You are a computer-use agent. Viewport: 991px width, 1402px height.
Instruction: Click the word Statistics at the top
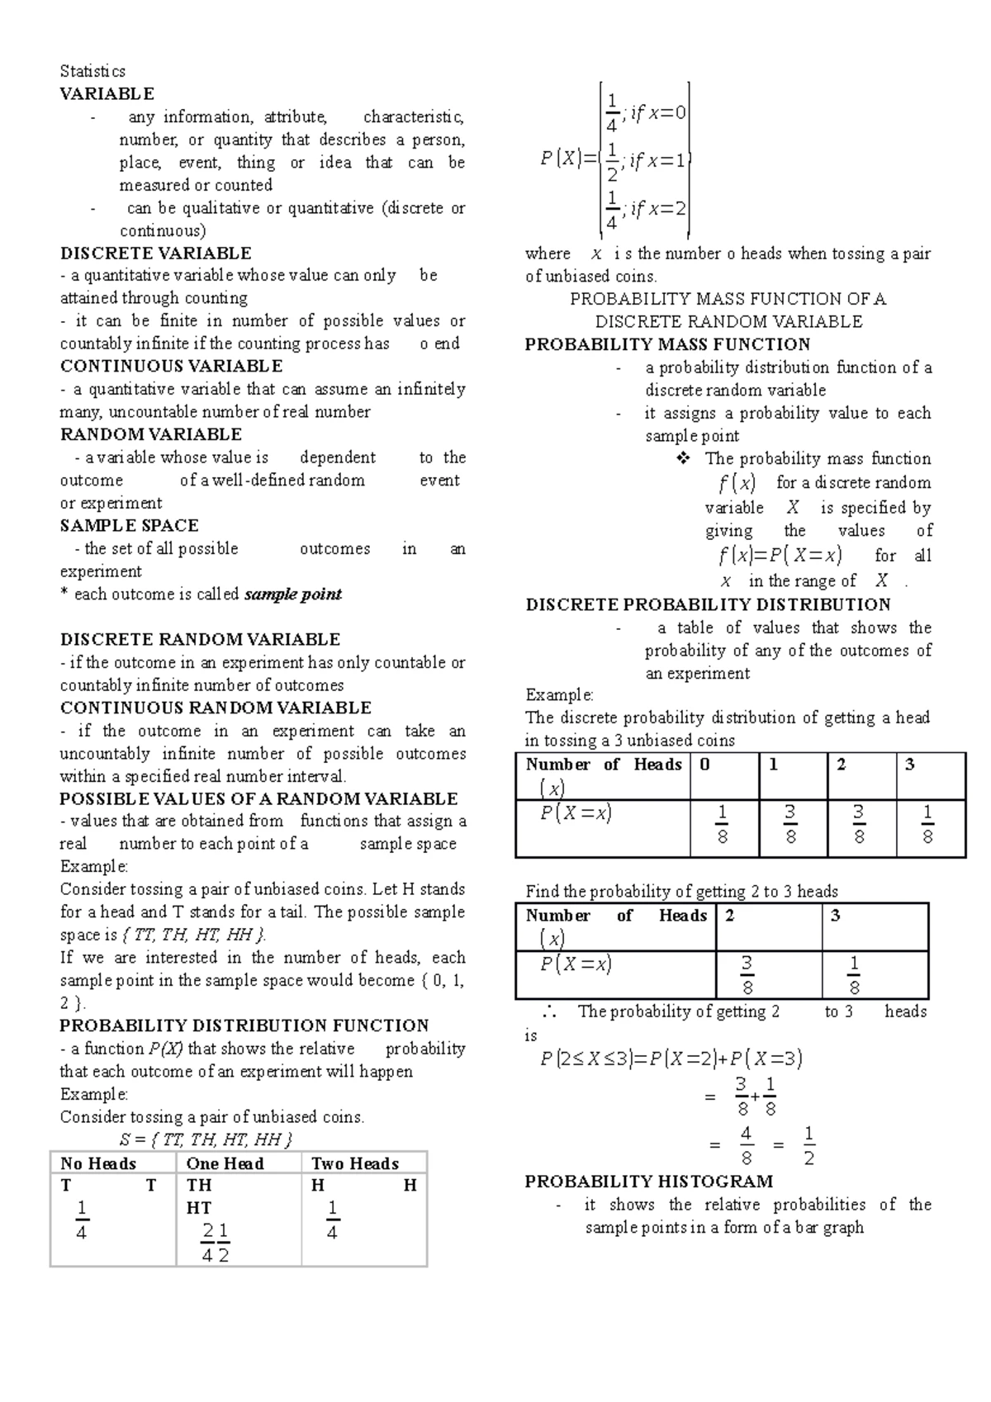coord(92,71)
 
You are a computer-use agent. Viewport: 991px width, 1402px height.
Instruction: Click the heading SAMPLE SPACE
coord(130,526)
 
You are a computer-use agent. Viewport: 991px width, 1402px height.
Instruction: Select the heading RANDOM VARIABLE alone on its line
coord(151,434)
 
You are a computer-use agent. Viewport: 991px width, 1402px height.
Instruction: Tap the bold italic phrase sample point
coord(293,594)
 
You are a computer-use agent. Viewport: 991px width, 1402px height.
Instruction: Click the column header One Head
coord(225,1163)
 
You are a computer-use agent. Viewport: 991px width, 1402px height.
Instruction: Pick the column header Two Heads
coord(355,1163)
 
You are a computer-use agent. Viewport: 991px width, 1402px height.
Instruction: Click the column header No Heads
coord(98,1163)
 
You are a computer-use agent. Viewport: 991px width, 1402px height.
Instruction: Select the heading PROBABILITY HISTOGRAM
coord(649,1182)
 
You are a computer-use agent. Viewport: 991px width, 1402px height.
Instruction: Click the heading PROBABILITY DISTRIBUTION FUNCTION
coord(244,1025)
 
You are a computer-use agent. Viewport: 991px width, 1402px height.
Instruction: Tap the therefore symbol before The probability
coord(550,1012)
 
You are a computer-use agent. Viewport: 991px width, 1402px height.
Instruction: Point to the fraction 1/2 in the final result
coord(808,1145)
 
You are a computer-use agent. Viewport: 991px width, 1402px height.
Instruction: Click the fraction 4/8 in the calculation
coord(746,1145)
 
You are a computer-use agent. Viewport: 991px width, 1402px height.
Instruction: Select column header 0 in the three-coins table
coord(704,765)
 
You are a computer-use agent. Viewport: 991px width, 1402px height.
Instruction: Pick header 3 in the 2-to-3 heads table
coord(836,916)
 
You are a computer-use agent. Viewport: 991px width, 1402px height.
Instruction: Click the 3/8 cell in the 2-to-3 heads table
coord(747,976)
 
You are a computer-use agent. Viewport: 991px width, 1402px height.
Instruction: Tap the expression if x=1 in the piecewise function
coord(657,162)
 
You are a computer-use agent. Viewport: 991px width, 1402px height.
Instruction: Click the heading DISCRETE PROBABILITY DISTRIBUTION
coord(708,605)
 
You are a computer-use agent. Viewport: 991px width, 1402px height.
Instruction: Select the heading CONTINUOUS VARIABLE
coord(172,367)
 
